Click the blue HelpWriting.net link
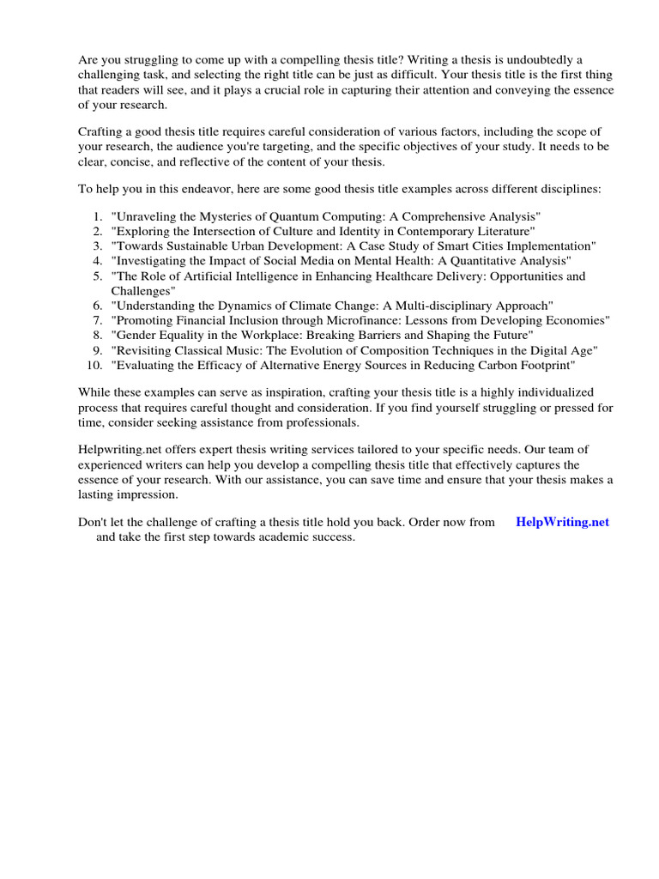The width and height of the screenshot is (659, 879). (562, 522)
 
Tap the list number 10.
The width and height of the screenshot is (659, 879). (94, 365)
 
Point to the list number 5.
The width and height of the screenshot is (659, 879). (98, 276)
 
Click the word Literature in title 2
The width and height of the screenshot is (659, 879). (503, 231)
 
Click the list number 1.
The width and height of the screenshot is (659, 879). (98, 215)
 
